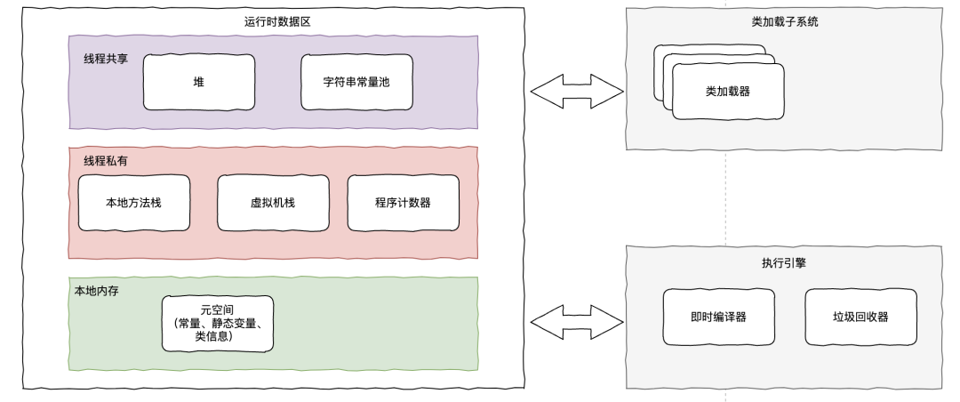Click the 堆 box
(198, 82)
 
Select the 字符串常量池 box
(356, 82)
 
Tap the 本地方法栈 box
(133, 203)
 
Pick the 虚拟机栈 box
(272, 203)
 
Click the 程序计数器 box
(403, 203)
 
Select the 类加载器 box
(728, 92)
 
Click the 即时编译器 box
(717, 317)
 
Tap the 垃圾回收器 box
(860, 317)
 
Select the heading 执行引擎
(785, 264)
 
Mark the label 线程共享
(106, 56)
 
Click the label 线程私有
(106, 161)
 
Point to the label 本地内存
(96, 290)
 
